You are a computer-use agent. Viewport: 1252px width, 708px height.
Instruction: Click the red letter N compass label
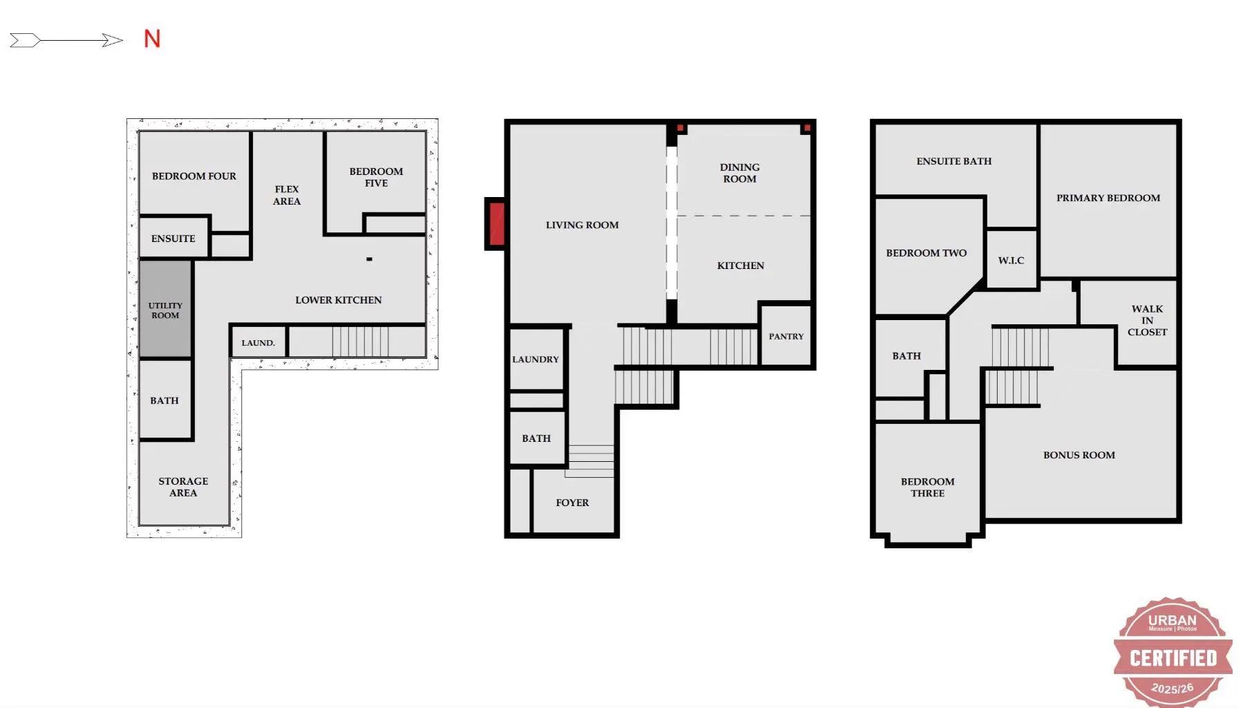(x=152, y=39)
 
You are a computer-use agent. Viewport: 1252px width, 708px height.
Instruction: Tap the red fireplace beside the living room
(x=496, y=224)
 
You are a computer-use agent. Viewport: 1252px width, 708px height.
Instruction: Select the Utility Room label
(x=165, y=310)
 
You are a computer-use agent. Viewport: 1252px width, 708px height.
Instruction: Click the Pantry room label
(x=786, y=337)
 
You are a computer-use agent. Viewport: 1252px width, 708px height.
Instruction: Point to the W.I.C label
(x=1011, y=261)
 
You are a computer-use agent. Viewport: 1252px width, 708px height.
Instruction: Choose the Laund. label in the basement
(x=258, y=343)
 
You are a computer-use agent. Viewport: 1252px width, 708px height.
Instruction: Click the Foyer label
(x=572, y=503)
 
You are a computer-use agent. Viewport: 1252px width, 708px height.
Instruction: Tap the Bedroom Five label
(x=376, y=177)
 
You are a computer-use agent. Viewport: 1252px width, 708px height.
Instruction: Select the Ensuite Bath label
(x=954, y=161)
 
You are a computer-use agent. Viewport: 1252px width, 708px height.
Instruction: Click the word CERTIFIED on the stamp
(x=1173, y=658)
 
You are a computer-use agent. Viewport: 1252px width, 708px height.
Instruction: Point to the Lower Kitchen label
(x=339, y=300)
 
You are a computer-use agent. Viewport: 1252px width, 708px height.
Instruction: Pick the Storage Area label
(x=183, y=487)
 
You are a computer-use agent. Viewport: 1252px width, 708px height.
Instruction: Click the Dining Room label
(x=739, y=173)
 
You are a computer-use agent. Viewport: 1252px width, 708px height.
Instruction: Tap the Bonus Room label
(x=1079, y=455)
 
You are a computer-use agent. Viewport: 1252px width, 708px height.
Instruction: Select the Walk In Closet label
(x=1147, y=320)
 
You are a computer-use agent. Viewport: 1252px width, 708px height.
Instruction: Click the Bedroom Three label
(x=927, y=487)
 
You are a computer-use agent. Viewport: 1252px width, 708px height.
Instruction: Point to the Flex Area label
(x=287, y=195)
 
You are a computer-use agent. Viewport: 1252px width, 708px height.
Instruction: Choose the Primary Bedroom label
(x=1108, y=198)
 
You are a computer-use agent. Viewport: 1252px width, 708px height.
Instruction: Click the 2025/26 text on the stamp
(x=1173, y=688)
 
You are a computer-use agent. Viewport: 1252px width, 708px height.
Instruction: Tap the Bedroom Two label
(x=926, y=253)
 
